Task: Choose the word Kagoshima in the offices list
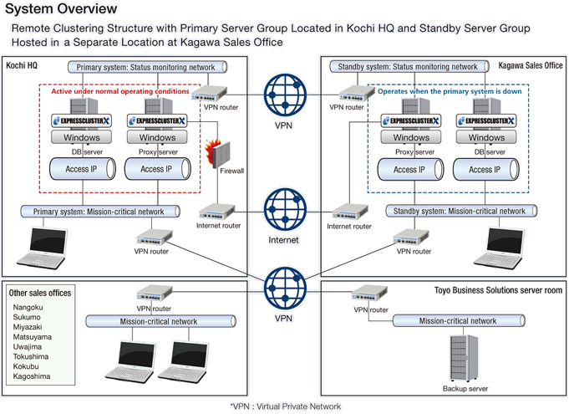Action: tap(32, 376)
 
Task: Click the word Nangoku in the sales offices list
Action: tap(28, 307)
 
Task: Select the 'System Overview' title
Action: tap(62, 10)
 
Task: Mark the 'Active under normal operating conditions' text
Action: tap(120, 91)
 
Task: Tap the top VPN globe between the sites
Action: tap(283, 96)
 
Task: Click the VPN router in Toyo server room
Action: tap(369, 294)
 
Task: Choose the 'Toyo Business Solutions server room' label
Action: tap(498, 290)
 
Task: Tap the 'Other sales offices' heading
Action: tap(40, 293)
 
